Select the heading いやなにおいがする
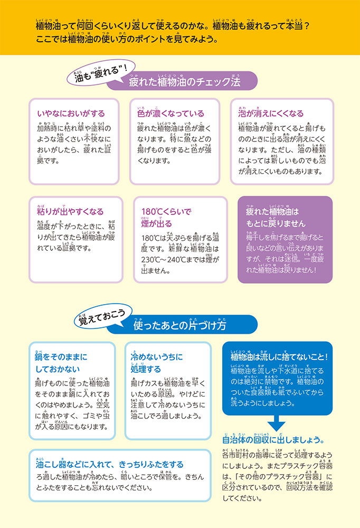pyautogui.click(x=71, y=114)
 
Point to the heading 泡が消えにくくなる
pyautogui.click(x=271, y=114)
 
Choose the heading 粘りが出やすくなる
pyautogui.click(x=70, y=212)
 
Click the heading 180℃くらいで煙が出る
pyautogui.click(x=164, y=218)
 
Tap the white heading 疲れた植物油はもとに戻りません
pyautogui.click(x=277, y=218)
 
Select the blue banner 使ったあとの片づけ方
pyautogui.click(x=180, y=326)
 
